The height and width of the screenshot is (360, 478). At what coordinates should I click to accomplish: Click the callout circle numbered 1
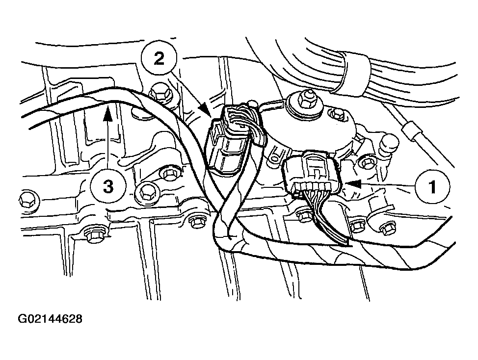coord(432,186)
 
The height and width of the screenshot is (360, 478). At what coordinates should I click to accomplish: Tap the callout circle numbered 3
coord(108,186)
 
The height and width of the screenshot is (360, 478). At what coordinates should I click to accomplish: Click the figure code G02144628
coord(50,319)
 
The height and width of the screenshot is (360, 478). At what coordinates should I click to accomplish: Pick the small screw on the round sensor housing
coord(337,115)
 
